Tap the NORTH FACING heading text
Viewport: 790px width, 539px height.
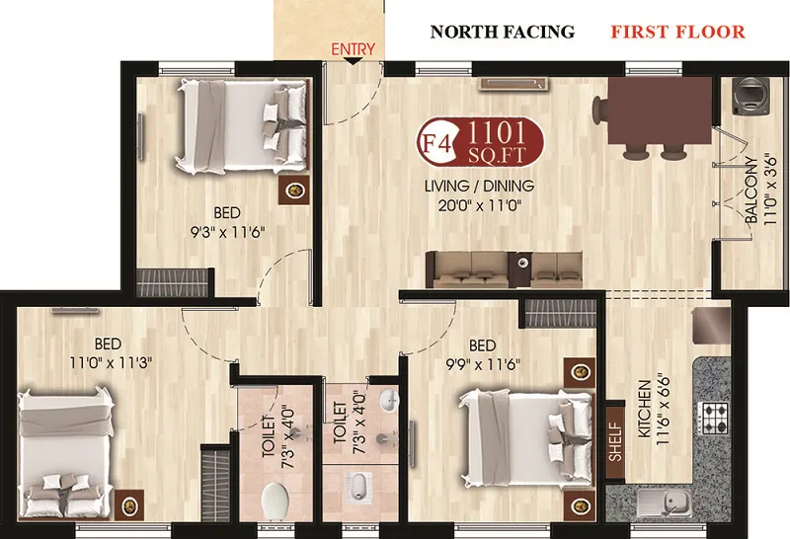(x=502, y=32)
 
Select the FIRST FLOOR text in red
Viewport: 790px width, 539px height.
(x=677, y=32)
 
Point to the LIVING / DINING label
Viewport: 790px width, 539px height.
(x=479, y=186)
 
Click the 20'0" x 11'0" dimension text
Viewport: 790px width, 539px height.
(x=480, y=205)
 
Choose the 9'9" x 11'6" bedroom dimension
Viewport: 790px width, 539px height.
(x=482, y=363)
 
